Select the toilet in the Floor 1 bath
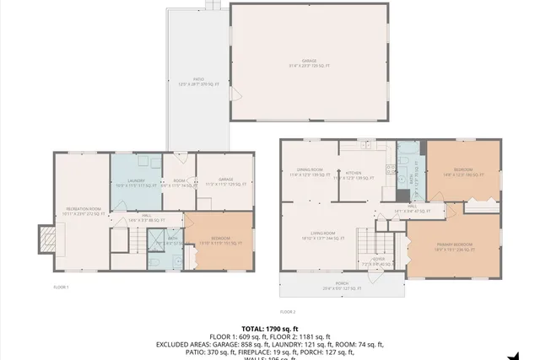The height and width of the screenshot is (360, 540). pyautogui.click(x=159, y=262)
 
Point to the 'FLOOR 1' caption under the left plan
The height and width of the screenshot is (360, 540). pyautogui.click(x=61, y=287)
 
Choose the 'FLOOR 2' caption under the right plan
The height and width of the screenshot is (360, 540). pyautogui.click(x=288, y=312)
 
